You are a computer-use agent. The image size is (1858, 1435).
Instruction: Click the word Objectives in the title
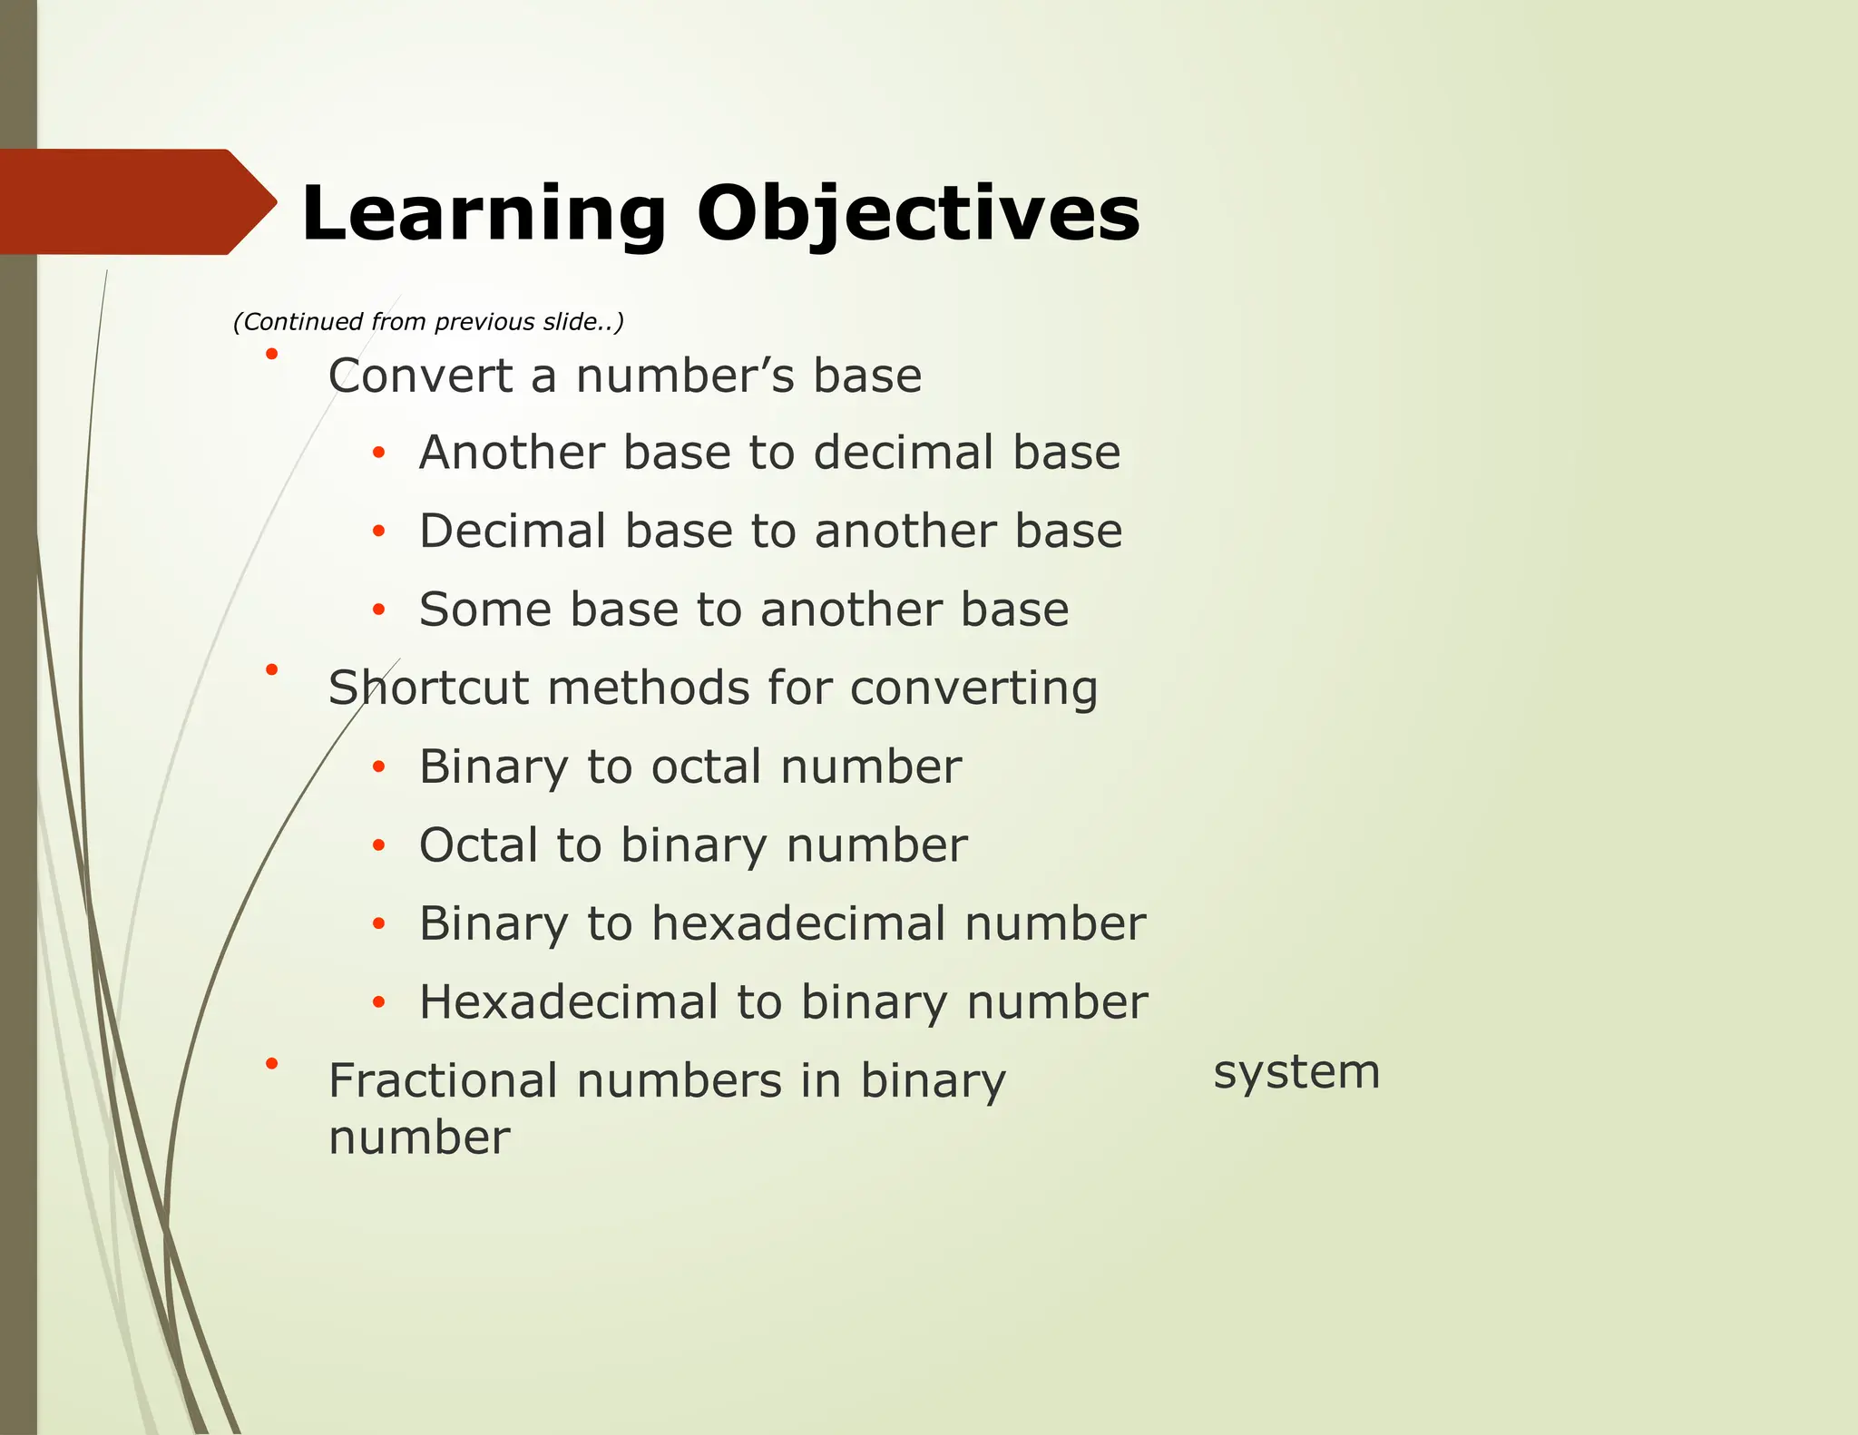click(x=917, y=214)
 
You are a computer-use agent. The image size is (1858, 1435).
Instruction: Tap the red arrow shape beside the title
click(x=136, y=201)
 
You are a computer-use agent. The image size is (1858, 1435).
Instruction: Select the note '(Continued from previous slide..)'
click(x=428, y=322)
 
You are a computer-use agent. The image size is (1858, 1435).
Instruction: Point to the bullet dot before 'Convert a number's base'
click(x=271, y=354)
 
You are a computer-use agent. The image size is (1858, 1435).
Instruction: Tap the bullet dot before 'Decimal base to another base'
click(x=379, y=532)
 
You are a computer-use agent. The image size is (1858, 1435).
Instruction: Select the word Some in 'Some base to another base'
click(x=484, y=610)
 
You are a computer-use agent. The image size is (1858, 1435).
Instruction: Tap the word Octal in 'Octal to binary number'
click(x=478, y=845)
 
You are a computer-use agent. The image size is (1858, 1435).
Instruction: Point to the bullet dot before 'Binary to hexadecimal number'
click(x=379, y=924)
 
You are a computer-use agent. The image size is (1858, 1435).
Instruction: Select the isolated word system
click(x=1296, y=1073)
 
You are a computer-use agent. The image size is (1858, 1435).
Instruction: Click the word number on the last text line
click(x=419, y=1137)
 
